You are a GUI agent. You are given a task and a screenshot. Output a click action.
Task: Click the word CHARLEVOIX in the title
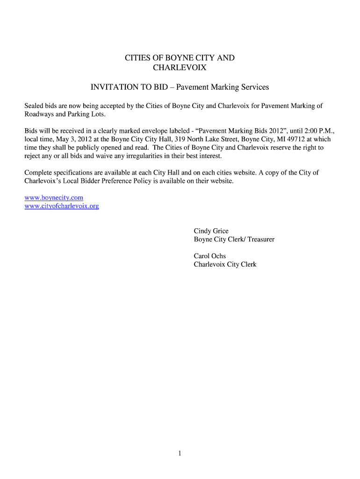point(180,68)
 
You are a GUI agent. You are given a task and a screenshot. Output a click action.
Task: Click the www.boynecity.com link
point(54,198)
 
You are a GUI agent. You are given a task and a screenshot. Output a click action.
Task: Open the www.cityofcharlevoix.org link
point(62,206)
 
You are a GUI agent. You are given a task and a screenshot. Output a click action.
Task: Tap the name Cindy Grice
point(211,231)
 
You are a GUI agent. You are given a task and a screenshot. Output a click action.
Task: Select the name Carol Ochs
point(210,256)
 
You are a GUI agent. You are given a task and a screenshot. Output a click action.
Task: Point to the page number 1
point(180,453)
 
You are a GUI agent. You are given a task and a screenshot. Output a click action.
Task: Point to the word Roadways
point(39,115)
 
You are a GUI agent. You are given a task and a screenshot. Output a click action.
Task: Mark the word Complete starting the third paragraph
point(39,173)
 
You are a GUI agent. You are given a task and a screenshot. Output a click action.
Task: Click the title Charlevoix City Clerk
point(225,264)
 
